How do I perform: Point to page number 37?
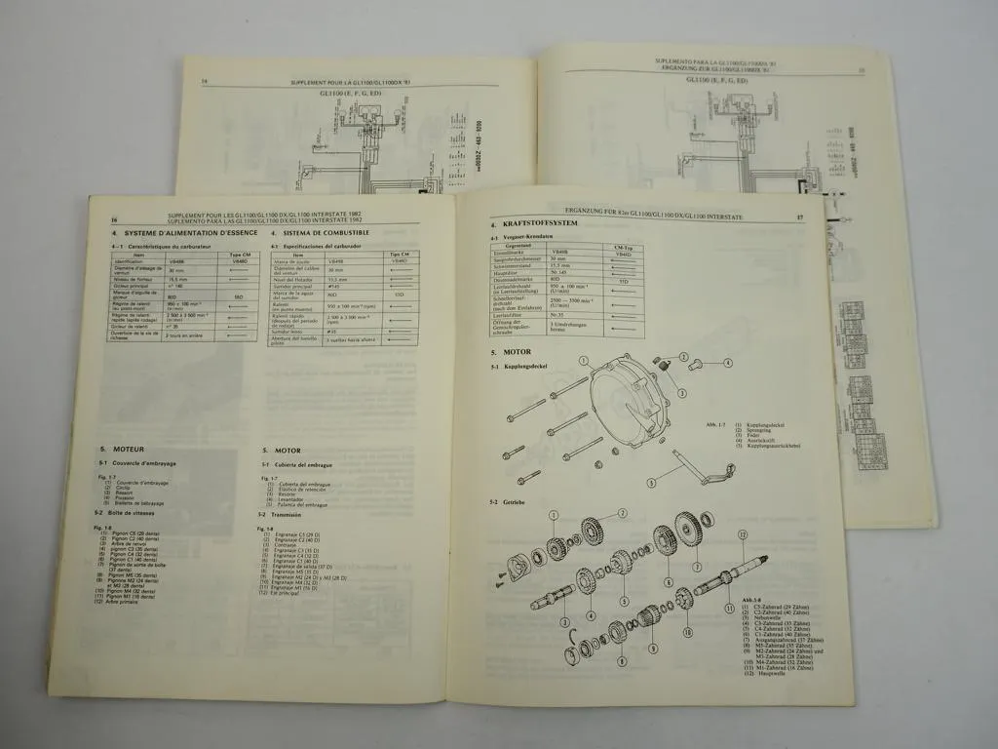click(x=799, y=218)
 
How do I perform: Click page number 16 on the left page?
click(x=114, y=219)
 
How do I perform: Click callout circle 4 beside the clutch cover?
click(x=727, y=363)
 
